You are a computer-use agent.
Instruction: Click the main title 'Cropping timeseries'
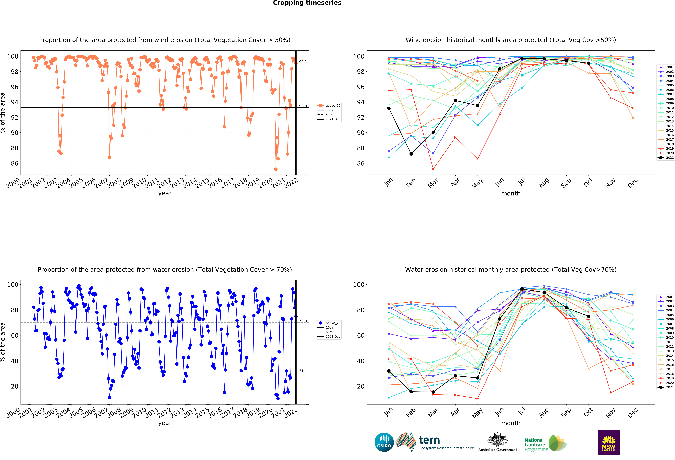[307, 3]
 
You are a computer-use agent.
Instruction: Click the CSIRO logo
[384, 442]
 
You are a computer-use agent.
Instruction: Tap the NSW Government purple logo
[608, 442]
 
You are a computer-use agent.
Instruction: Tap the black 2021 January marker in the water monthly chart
[389, 371]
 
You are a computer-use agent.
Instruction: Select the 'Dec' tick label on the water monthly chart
[633, 412]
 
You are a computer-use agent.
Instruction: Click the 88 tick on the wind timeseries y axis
[15, 148]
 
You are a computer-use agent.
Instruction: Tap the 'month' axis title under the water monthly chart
[511, 423]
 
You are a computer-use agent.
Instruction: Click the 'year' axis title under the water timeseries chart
[165, 423]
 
